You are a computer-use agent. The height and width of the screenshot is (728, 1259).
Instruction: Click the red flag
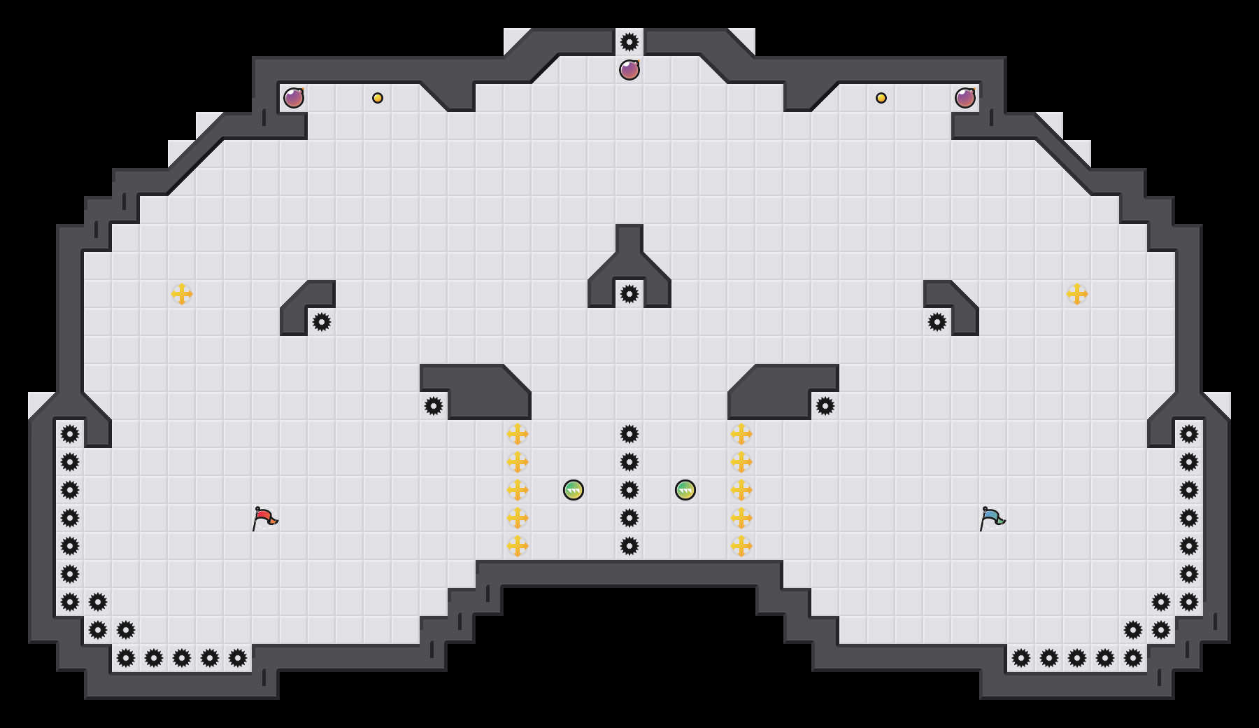point(264,519)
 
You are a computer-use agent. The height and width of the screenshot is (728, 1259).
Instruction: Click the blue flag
point(992,519)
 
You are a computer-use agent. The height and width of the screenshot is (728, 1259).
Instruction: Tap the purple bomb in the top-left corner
point(294,98)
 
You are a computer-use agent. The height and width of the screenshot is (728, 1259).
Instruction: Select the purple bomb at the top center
point(629,70)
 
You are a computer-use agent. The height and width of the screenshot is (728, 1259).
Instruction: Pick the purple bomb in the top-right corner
point(965,98)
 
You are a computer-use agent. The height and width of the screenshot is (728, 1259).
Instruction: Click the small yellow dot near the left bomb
point(378,98)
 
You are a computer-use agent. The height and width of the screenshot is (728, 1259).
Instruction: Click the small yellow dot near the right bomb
point(881,98)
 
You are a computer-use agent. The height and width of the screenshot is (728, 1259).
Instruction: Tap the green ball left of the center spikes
point(574,490)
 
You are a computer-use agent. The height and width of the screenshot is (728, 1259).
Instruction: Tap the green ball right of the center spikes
point(685,490)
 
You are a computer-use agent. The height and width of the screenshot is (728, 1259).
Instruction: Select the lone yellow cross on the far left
point(182,294)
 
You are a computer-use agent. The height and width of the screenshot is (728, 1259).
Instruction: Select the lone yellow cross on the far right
point(1077,294)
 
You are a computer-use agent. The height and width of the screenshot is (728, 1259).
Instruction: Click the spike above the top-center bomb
point(629,42)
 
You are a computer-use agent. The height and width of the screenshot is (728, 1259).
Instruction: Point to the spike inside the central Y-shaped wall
point(629,294)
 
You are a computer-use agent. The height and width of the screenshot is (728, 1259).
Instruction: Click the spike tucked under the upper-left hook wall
point(322,322)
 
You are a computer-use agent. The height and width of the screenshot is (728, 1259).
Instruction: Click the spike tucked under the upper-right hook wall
point(937,322)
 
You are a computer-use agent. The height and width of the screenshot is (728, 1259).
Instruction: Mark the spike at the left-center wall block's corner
point(434,406)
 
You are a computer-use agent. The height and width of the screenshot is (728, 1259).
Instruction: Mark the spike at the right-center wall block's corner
point(825,406)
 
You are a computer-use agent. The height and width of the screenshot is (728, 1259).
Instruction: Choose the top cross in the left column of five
point(518,434)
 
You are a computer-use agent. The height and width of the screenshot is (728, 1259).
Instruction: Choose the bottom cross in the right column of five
point(741,546)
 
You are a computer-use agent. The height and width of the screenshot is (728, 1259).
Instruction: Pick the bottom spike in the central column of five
point(629,546)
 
